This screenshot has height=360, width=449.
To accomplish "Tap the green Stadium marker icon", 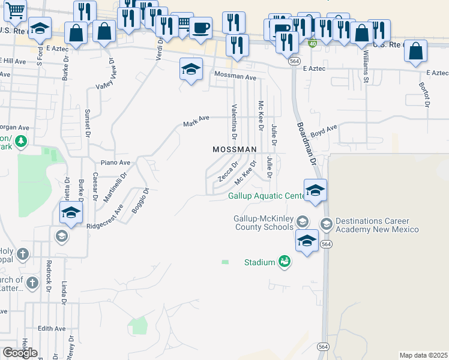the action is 284,262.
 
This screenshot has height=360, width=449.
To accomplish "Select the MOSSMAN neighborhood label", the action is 235,149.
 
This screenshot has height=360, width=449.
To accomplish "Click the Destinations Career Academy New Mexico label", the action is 377,226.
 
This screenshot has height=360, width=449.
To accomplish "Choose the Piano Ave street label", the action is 115,163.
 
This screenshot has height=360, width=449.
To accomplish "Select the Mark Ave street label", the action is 196,122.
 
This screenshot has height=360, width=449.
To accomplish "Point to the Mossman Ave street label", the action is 236,77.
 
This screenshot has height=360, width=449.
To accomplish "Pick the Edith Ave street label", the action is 51,329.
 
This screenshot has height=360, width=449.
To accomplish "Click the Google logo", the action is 20,352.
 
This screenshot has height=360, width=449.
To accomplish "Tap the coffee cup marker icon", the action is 200,28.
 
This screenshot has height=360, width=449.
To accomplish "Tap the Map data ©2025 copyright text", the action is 423,355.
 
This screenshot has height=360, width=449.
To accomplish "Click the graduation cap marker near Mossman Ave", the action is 191,71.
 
